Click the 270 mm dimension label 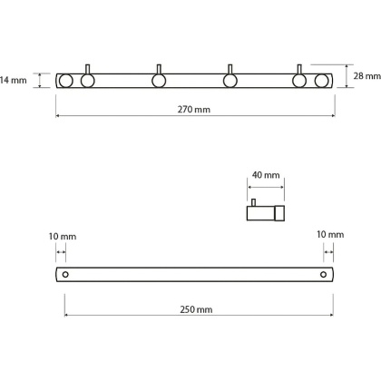pyautogui.click(x=194, y=109)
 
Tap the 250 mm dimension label pyautogui.click(x=196, y=309)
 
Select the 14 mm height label pyautogui.click(x=14, y=80)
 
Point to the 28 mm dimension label pyautogui.click(x=367, y=76)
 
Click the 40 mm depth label pyautogui.click(x=266, y=175)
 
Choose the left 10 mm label pyautogui.click(x=63, y=236)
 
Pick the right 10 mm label pyautogui.click(x=330, y=234)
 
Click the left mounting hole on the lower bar pyautogui.click(x=65, y=275)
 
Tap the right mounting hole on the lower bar pyautogui.click(x=323, y=275)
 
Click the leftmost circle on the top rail pyautogui.click(x=65, y=81)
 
